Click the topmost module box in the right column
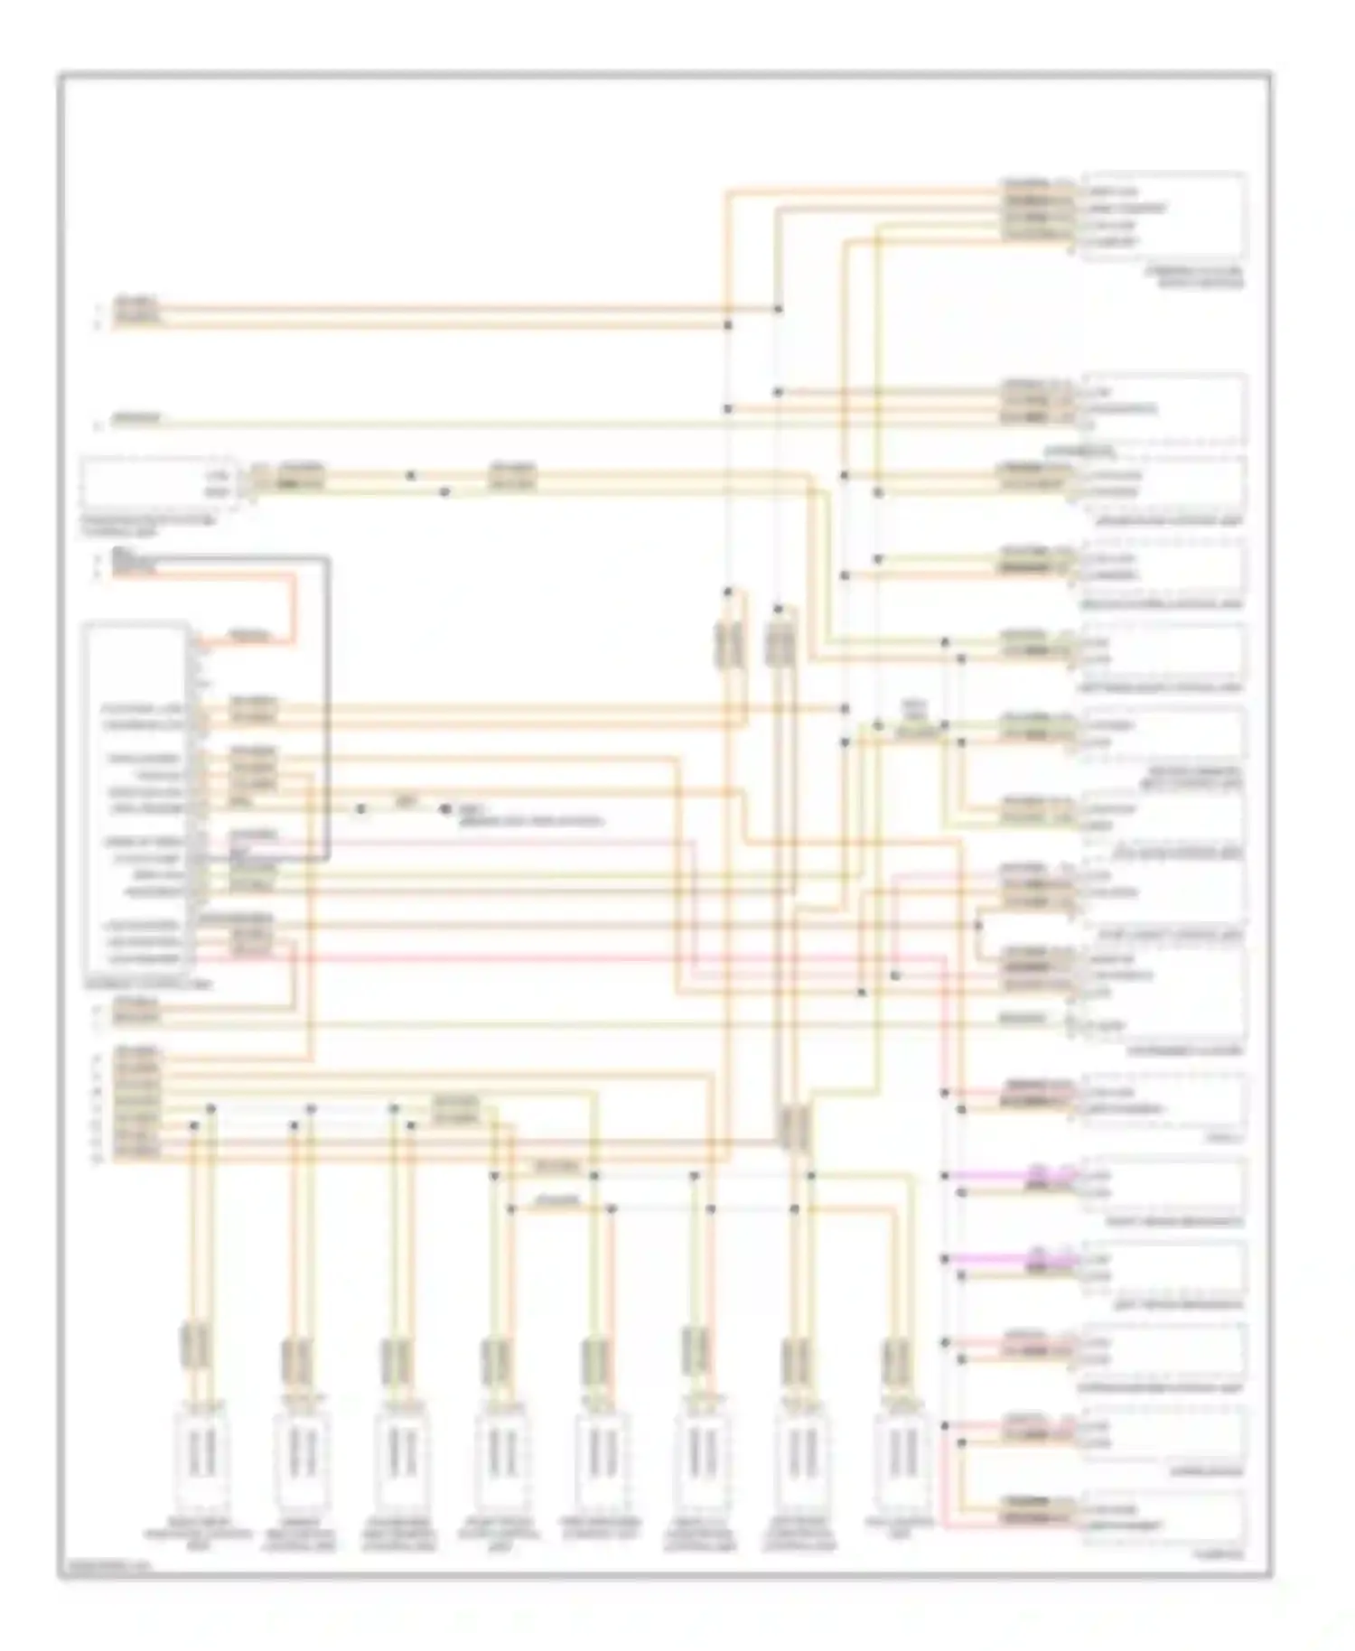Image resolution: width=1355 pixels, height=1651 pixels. (x=1164, y=216)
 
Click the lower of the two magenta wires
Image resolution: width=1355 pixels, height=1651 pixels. (x=994, y=1259)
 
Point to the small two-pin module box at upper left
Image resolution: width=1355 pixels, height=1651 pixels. (x=158, y=484)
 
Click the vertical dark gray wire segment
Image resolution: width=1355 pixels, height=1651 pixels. (x=326, y=704)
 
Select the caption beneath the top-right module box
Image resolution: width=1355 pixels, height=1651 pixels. (x=1201, y=276)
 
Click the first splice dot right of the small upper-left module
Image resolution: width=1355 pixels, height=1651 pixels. (x=411, y=475)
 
